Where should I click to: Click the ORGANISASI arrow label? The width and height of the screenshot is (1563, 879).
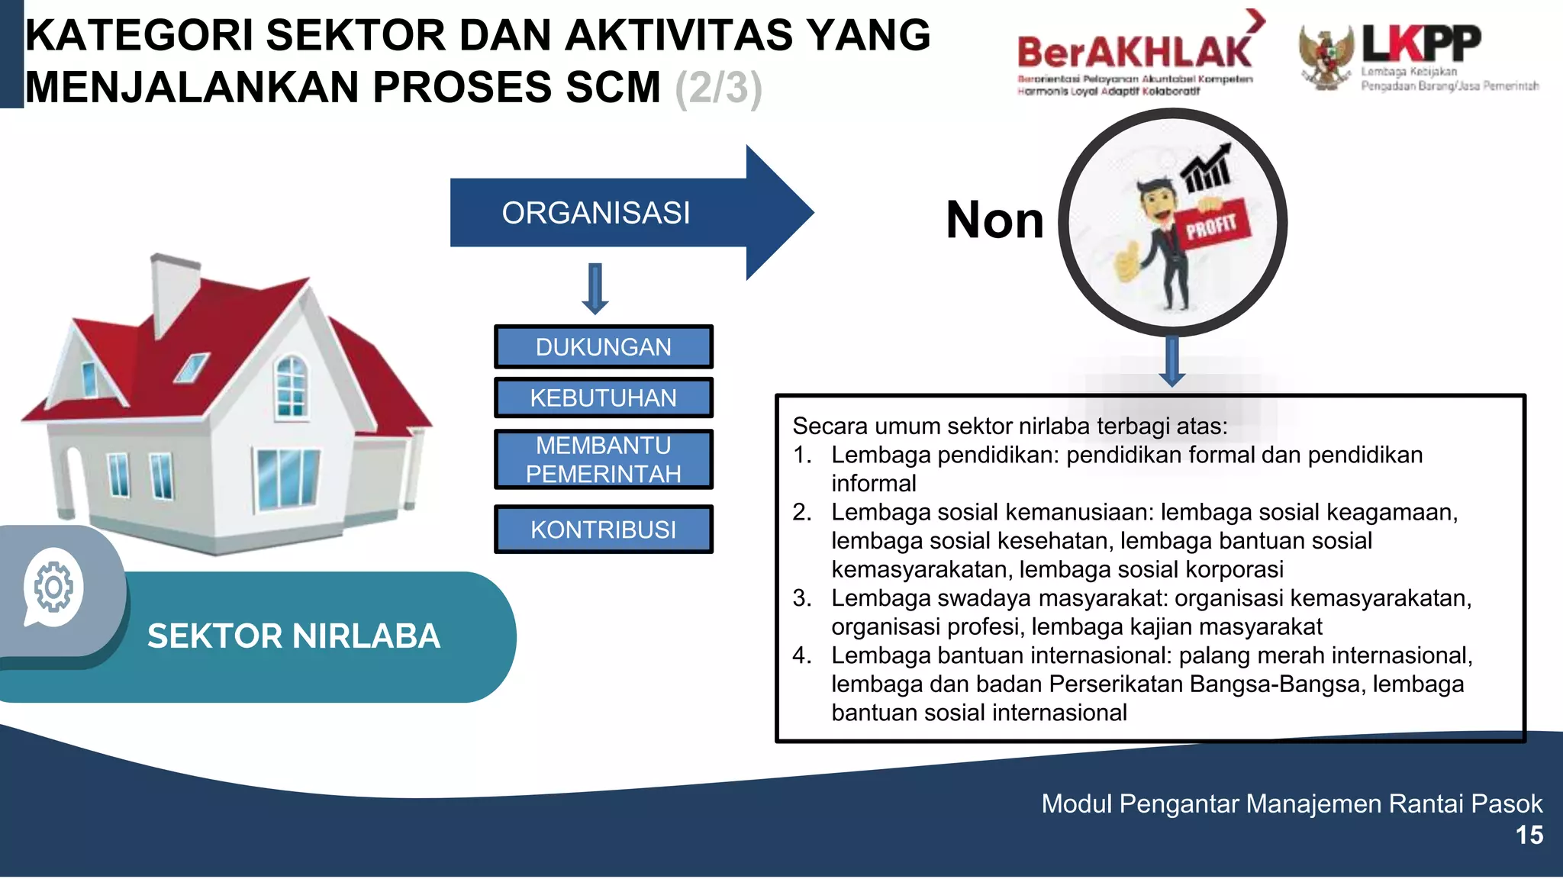[x=595, y=213]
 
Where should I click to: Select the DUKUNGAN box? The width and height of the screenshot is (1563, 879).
[x=603, y=347]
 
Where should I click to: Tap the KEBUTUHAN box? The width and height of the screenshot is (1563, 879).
[x=603, y=398]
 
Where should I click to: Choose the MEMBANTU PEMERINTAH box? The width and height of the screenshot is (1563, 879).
[x=603, y=459]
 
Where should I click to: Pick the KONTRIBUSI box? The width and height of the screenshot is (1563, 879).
[x=603, y=529]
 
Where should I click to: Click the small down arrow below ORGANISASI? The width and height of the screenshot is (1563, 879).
[x=595, y=289]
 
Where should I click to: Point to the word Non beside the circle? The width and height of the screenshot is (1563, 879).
[x=994, y=220]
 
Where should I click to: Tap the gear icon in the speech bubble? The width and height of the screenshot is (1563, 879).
[x=53, y=587]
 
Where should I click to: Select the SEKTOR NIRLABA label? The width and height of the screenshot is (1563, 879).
[x=294, y=636]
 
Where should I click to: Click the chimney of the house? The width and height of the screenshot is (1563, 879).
[x=174, y=294]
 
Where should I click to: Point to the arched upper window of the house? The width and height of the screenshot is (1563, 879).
[x=291, y=385]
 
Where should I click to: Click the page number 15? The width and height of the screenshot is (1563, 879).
[x=1529, y=836]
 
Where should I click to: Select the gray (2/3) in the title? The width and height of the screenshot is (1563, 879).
[x=718, y=88]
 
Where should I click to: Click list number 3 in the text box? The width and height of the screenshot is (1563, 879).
[x=801, y=598]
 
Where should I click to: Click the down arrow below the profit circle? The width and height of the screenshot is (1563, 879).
[x=1171, y=362]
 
